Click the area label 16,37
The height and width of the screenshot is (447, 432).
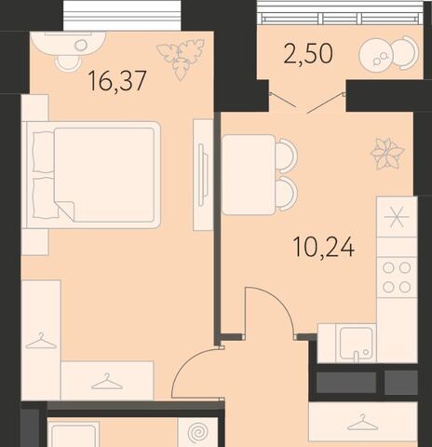[x=117, y=81]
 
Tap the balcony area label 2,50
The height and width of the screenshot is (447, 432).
[x=308, y=53]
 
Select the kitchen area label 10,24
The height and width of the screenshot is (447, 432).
[x=324, y=248]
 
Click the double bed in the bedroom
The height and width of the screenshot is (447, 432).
[x=94, y=175]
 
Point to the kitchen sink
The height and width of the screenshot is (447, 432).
[x=356, y=344]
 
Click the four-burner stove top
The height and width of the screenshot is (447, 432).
[x=397, y=277]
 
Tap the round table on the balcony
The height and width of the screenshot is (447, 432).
[x=376, y=56]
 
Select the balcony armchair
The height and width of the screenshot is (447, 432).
[x=404, y=52]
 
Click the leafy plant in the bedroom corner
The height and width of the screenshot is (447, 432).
[x=181, y=59]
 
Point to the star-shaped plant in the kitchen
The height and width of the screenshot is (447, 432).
[x=387, y=154]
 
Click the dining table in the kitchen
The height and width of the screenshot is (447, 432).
[x=249, y=175]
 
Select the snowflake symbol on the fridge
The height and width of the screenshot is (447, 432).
[x=397, y=216]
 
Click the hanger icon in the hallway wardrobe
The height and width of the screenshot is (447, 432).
[x=362, y=423]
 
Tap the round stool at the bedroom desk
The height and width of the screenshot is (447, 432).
[x=67, y=62]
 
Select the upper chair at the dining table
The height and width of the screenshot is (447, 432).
[x=287, y=154]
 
